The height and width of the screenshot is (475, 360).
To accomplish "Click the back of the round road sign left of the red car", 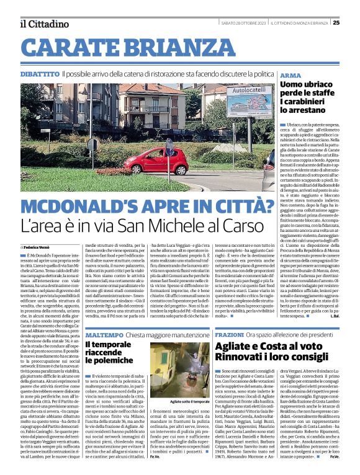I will tap(92, 144).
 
